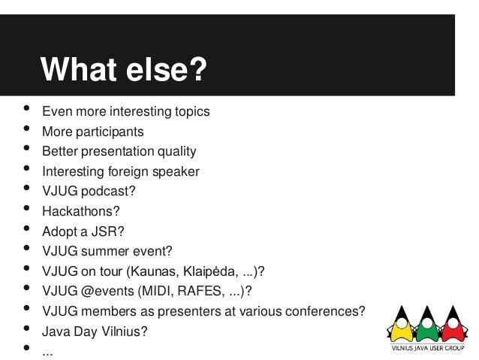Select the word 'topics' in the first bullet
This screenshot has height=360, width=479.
click(x=191, y=113)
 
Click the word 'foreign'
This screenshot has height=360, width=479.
click(x=132, y=171)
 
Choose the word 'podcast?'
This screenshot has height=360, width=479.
click(x=110, y=191)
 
